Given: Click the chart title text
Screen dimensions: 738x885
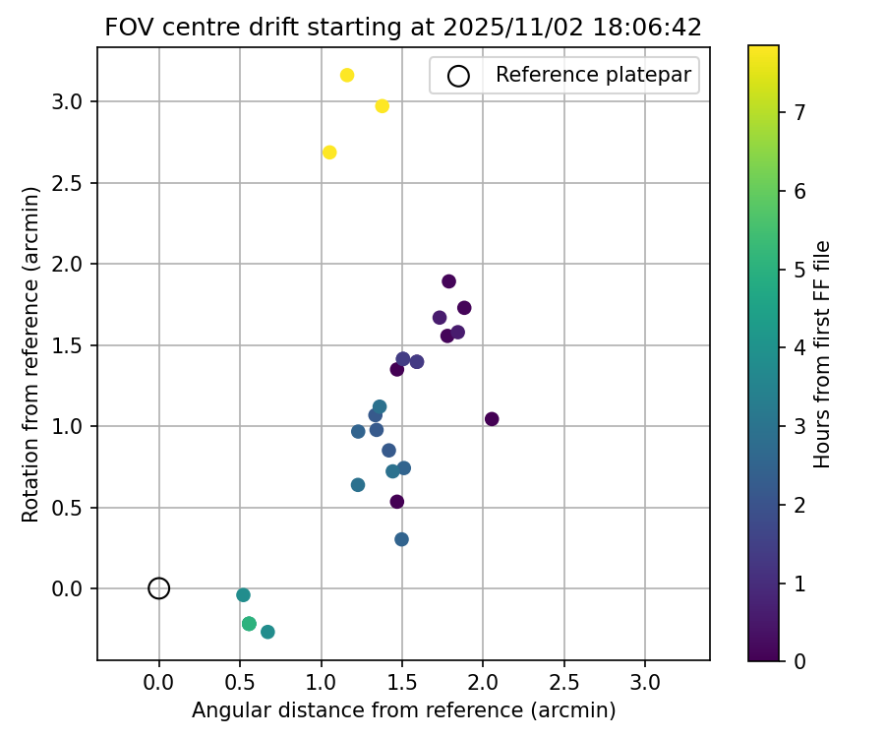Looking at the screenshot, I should pos(403,28).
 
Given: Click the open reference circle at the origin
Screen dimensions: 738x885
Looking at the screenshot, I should pos(159,588).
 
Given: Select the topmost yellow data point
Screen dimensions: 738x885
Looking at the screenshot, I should pos(347,76).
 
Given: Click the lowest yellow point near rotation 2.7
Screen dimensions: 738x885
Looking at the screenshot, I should pos(329,153).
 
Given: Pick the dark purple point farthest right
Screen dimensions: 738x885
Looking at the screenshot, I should pos(492,419).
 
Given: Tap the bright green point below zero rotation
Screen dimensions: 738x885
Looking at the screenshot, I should pos(249,624).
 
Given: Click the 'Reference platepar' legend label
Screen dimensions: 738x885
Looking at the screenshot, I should pos(593,75).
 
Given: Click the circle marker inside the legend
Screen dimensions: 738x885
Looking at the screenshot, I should pos(458,75).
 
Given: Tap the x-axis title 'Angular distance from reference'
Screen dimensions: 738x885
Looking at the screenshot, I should pos(403,710).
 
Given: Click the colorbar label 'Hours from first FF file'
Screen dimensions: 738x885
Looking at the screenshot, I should pos(823,354).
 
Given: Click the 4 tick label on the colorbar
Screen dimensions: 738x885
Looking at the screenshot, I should pos(800,347).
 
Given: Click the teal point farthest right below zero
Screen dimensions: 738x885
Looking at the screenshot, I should pos(267,632).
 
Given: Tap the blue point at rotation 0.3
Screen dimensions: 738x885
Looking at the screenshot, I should pos(401,539).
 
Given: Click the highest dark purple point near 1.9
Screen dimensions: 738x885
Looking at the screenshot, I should pos(449,281).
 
